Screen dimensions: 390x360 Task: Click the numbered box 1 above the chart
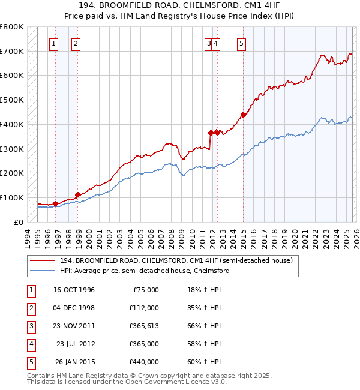tap(54, 43)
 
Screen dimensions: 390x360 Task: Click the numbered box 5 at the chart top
tap(241, 43)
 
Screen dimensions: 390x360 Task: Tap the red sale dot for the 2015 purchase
tap(243, 115)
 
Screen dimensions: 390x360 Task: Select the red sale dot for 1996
tap(56, 203)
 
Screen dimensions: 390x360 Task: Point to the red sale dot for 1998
tap(77, 194)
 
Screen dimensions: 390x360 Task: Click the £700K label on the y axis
tap(11, 51)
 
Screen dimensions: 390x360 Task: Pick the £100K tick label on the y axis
tap(11, 197)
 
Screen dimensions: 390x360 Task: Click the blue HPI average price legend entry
tap(144, 271)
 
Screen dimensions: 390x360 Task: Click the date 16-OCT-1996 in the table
tap(74, 290)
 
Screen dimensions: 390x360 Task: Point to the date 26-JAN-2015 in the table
tap(75, 362)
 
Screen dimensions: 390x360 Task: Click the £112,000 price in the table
tap(143, 308)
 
